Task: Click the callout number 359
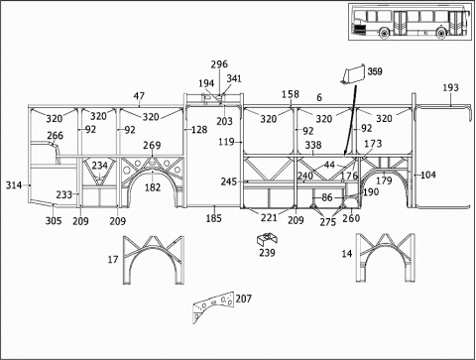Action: click(375, 71)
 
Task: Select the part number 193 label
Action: click(450, 87)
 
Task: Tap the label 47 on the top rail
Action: click(139, 96)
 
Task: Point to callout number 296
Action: click(219, 64)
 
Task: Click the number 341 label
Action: click(234, 78)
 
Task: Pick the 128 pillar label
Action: click(199, 130)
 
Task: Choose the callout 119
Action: click(226, 142)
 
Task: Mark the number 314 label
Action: click(14, 185)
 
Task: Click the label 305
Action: click(54, 220)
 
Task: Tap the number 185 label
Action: click(213, 218)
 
